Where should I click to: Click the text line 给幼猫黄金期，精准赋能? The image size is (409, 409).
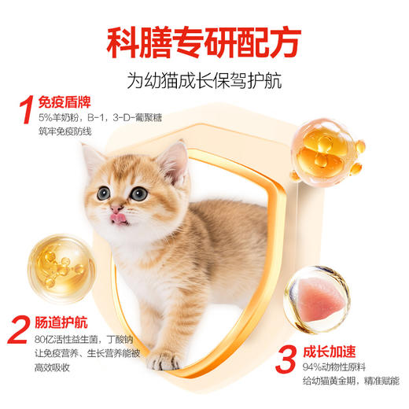(x=345, y=389)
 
